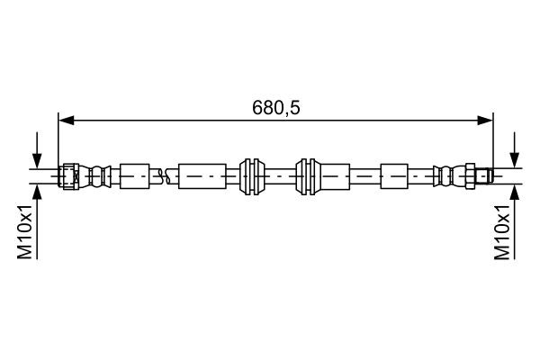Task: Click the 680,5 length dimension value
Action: (x=275, y=108)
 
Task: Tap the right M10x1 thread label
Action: (x=503, y=231)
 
